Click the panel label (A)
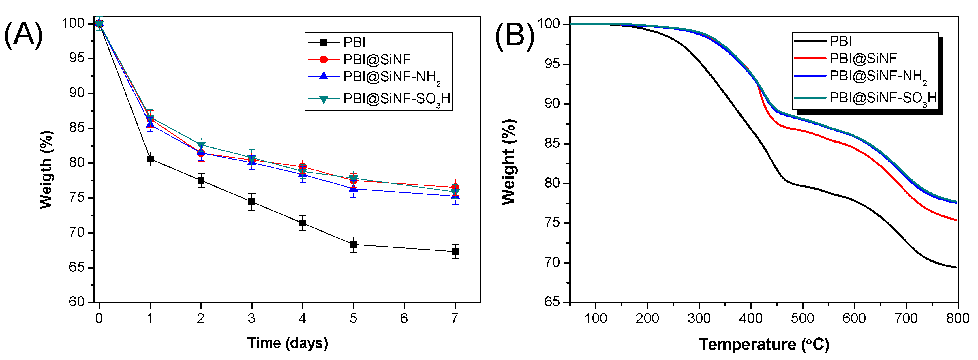tap(24, 35)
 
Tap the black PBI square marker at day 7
tap(455, 251)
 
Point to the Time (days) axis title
tap(288, 343)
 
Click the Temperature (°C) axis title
tap(764, 344)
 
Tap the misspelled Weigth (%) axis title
tap(46, 169)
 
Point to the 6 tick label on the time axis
tap(404, 318)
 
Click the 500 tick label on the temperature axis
tap(803, 318)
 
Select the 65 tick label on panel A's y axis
tap(76, 267)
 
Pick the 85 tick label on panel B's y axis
tap(552, 144)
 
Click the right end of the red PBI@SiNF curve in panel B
tap(956, 220)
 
